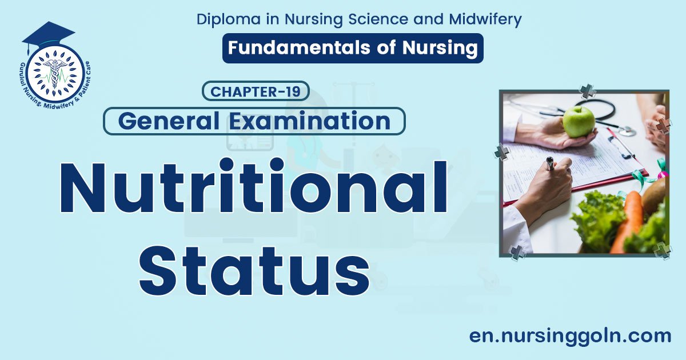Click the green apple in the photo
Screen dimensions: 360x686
(x=579, y=121)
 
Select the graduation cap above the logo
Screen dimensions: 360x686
(x=48, y=34)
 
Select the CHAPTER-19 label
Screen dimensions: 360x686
(x=256, y=91)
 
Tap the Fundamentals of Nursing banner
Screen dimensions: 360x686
(x=353, y=48)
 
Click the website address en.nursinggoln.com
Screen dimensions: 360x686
(x=570, y=335)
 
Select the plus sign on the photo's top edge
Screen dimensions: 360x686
(x=587, y=91)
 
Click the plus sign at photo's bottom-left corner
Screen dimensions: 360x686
(x=517, y=252)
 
